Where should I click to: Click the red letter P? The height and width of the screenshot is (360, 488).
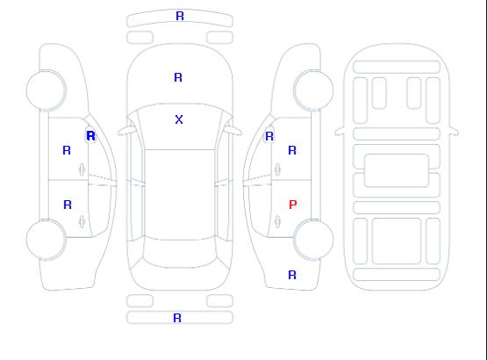(x=293, y=205)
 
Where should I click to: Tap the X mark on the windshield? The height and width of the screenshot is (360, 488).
(x=179, y=119)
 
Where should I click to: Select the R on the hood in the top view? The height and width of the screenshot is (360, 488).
(x=178, y=77)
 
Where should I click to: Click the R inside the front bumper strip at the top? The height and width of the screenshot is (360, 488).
(x=180, y=16)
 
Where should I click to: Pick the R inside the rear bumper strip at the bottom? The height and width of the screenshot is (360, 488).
(x=177, y=318)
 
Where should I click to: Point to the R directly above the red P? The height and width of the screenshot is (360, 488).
(x=292, y=150)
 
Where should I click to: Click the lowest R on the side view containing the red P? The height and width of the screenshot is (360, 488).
(x=292, y=275)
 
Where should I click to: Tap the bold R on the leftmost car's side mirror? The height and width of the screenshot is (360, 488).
(x=91, y=136)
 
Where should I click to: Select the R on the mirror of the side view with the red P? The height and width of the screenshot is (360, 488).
(x=269, y=136)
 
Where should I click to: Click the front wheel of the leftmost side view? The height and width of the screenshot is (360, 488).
(x=46, y=90)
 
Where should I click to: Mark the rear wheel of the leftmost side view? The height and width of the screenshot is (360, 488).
(x=46, y=240)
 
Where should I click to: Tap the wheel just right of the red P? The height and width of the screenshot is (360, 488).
(x=313, y=240)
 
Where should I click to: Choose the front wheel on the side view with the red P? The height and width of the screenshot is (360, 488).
(x=313, y=90)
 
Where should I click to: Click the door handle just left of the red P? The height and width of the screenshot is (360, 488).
(x=277, y=221)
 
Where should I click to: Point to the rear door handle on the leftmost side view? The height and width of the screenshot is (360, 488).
(x=82, y=221)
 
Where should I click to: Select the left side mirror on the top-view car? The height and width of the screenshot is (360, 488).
(x=126, y=131)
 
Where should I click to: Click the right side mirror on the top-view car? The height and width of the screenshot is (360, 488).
(x=233, y=131)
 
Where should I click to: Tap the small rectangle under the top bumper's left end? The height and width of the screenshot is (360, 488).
(x=140, y=38)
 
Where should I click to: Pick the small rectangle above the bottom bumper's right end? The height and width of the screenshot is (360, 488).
(x=219, y=301)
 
